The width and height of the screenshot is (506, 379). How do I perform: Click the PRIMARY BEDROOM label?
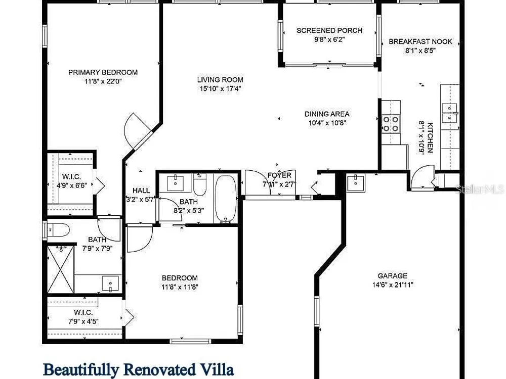pos(103,72)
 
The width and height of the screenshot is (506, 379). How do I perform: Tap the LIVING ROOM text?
pos(221,80)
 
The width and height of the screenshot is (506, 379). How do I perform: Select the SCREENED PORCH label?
pos(329,31)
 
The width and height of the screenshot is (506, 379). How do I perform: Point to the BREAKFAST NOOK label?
pos(420,41)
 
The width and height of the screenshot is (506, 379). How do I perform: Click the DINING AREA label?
pos(327,114)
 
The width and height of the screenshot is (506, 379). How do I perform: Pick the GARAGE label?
pos(393,276)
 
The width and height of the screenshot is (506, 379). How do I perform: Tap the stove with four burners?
pos(391,124)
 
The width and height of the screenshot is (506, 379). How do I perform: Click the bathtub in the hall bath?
pos(226,199)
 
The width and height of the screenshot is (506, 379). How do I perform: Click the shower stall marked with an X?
pos(61,269)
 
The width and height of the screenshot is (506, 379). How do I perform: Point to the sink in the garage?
pos(355,183)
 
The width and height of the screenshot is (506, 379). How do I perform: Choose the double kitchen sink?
pos(449,113)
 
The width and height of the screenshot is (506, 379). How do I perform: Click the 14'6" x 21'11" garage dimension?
pos(393,285)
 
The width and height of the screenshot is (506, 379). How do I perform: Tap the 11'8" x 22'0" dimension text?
pos(103,81)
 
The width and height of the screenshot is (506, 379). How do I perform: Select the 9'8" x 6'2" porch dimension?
pos(329,40)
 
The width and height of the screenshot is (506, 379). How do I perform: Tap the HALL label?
pos(141,191)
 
